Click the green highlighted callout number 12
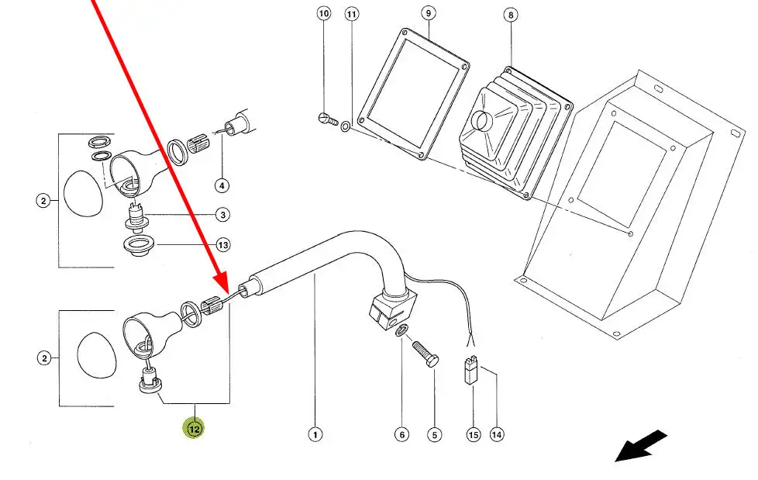point(193,426)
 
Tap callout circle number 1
point(315,435)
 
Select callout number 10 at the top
point(323,14)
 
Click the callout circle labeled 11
point(352,15)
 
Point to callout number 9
point(429,14)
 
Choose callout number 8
point(509,15)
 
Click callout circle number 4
point(222,185)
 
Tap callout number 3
point(222,215)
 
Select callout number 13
point(222,246)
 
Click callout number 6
point(401,435)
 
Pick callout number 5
point(434,435)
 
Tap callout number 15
point(474,435)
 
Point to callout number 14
point(497,435)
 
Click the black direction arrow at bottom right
point(641,445)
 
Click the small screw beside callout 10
point(326,119)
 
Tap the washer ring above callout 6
point(401,333)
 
